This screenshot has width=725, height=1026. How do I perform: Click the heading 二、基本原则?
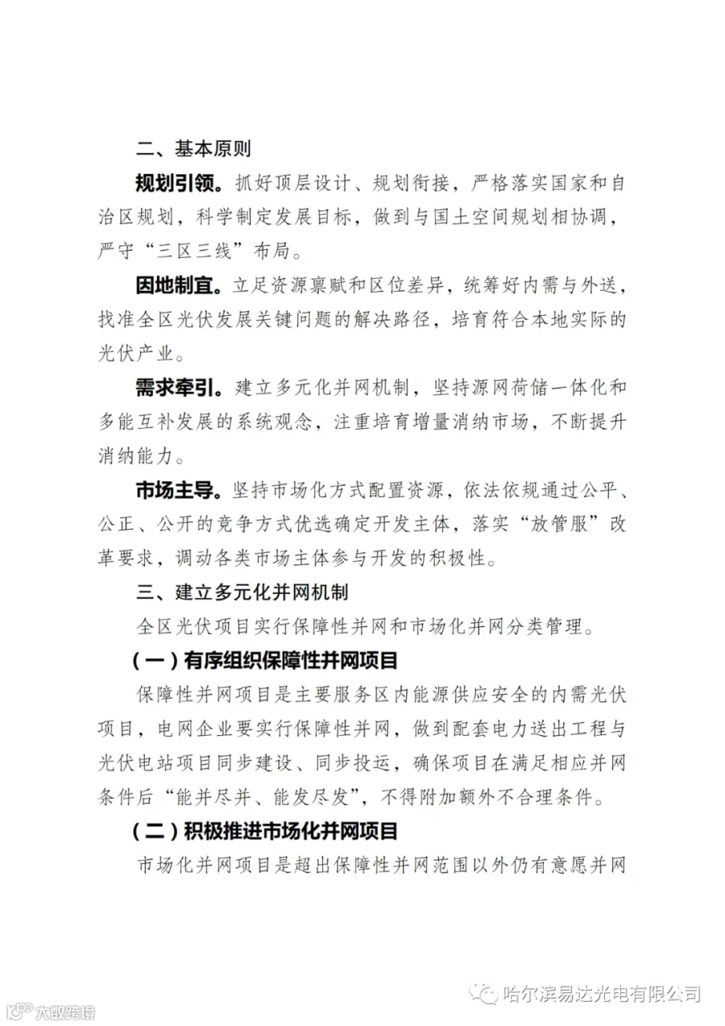point(193,149)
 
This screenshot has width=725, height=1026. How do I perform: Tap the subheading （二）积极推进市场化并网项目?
point(266,831)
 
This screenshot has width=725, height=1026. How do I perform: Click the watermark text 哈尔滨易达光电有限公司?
point(600,994)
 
